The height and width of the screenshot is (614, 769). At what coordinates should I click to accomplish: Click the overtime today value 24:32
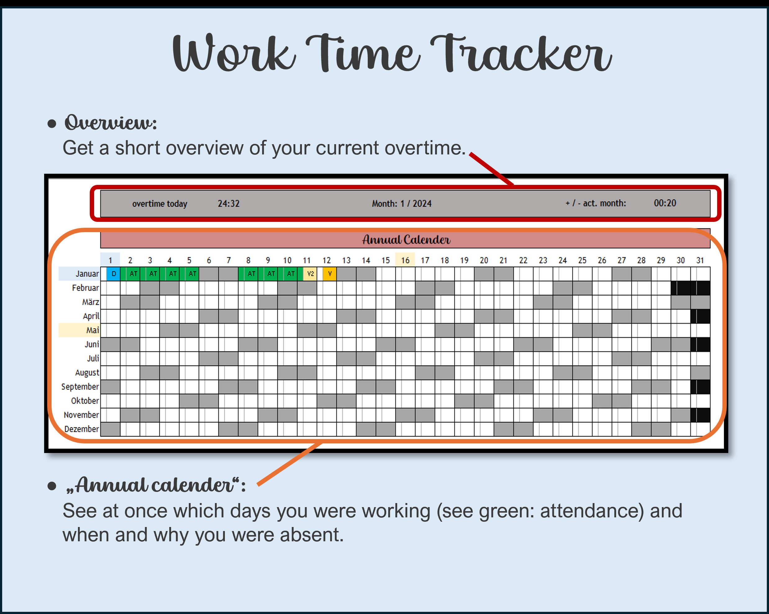(x=229, y=204)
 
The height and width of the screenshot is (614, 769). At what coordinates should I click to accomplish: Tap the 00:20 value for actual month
(x=665, y=203)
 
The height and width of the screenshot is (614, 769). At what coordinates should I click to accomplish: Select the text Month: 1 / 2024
(x=402, y=204)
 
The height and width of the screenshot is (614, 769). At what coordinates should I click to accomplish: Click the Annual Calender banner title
(x=406, y=239)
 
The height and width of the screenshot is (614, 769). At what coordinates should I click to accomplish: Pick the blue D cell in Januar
(x=113, y=274)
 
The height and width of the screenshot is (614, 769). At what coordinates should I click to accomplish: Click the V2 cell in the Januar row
(x=310, y=274)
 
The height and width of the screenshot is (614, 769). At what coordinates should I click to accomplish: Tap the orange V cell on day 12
(x=330, y=274)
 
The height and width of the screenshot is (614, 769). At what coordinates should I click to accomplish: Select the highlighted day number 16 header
(x=405, y=260)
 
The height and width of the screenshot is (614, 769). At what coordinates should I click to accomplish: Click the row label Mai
(x=92, y=330)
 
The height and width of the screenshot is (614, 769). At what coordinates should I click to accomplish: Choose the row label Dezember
(x=81, y=429)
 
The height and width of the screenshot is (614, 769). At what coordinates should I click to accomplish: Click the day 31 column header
(x=700, y=260)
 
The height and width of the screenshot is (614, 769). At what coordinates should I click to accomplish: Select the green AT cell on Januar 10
(x=291, y=274)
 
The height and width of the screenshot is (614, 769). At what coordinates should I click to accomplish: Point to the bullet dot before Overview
(x=52, y=124)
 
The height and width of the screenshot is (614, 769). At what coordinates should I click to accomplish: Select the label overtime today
(x=159, y=204)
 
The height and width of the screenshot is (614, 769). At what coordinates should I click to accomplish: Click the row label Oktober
(x=85, y=401)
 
